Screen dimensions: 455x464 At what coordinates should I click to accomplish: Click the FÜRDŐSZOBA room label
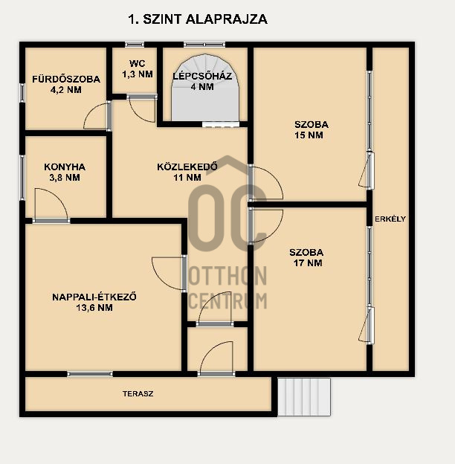(x=66, y=80)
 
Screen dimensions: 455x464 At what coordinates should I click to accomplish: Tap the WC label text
(x=138, y=64)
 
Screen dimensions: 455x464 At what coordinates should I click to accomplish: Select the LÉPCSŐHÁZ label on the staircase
(x=202, y=76)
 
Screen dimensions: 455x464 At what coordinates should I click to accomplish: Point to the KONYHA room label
(x=65, y=167)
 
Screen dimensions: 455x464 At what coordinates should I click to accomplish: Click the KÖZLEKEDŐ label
(x=187, y=167)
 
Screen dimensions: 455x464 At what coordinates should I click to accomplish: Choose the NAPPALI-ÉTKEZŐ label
(x=94, y=297)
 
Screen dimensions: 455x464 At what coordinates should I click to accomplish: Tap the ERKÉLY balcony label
(x=390, y=219)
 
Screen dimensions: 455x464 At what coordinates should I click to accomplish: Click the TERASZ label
(x=138, y=394)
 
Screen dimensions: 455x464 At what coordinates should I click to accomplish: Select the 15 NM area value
(x=309, y=135)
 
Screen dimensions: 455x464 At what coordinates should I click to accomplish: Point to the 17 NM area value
(x=308, y=263)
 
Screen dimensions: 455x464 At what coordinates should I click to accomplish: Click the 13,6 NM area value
(x=94, y=308)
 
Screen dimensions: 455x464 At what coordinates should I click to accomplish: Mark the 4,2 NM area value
(x=66, y=90)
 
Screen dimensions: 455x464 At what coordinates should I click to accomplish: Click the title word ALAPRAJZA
(x=227, y=19)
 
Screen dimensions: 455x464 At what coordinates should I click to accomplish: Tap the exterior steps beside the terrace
(x=304, y=397)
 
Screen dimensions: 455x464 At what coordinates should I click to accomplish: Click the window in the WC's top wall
(x=135, y=45)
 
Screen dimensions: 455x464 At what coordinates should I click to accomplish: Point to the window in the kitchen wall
(x=22, y=177)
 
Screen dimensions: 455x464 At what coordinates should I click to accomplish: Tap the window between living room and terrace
(x=90, y=374)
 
